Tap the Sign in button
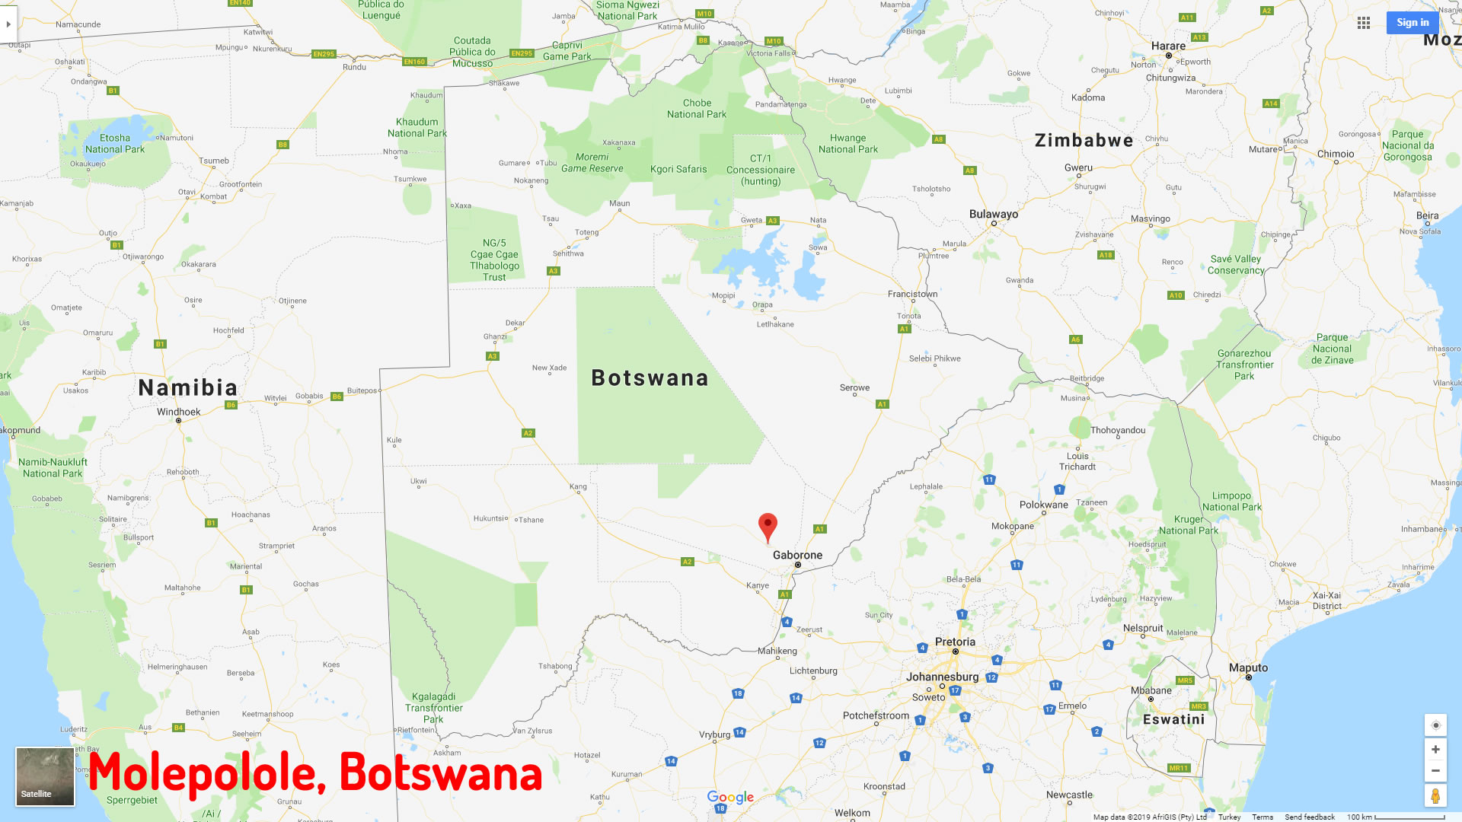pyautogui.click(x=1413, y=23)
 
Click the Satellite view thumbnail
pyautogui.click(x=45, y=776)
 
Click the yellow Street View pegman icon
pyautogui.click(x=1435, y=795)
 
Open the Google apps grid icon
pyautogui.click(x=1364, y=23)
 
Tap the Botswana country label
pyautogui.click(x=650, y=378)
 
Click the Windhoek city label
pyautogui.click(x=179, y=413)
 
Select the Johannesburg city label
pyautogui.click(x=942, y=677)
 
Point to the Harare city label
pyautogui.click(x=1168, y=46)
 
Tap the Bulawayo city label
pyautogui.click(x=993, y=214)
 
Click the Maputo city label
pyautogui.click(x=1248, y=667)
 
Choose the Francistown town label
pyautogui.click(x=912, y=294)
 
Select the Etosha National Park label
pyautogui.click(x=114, y=144)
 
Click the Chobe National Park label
pyautogui.click(x=697, y=109)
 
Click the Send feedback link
pyautogui.click(x=1310, y=817)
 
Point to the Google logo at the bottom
pyautogui.click(x=730, y=797)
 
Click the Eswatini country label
pyautogui.click(x=1173, y=719)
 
